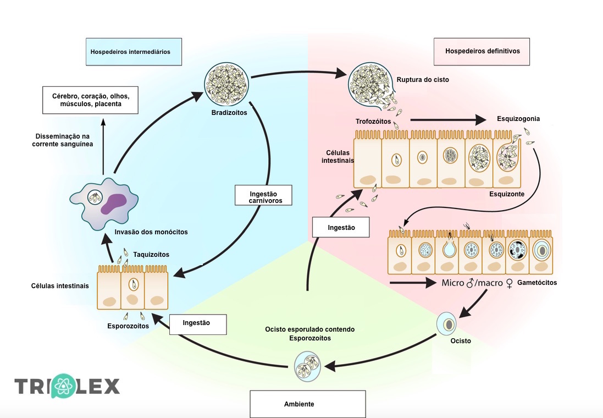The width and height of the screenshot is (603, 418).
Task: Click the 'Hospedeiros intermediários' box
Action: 134,52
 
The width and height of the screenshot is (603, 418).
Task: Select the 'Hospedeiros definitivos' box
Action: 482,52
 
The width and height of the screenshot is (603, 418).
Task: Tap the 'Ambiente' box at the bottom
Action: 307,404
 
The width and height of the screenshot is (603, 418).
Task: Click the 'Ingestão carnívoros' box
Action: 263,197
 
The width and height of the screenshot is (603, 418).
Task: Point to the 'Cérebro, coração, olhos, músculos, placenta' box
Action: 90,100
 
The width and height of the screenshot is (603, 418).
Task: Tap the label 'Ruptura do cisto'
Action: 423,80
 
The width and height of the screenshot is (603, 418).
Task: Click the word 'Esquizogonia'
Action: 518,118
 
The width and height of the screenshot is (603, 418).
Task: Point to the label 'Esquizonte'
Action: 506,194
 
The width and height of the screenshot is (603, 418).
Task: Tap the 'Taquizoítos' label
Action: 151,255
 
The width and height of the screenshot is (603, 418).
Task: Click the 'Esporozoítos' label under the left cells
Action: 128,326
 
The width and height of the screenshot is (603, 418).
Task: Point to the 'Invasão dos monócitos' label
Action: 151,232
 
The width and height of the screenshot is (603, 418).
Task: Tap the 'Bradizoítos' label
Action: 229,113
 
